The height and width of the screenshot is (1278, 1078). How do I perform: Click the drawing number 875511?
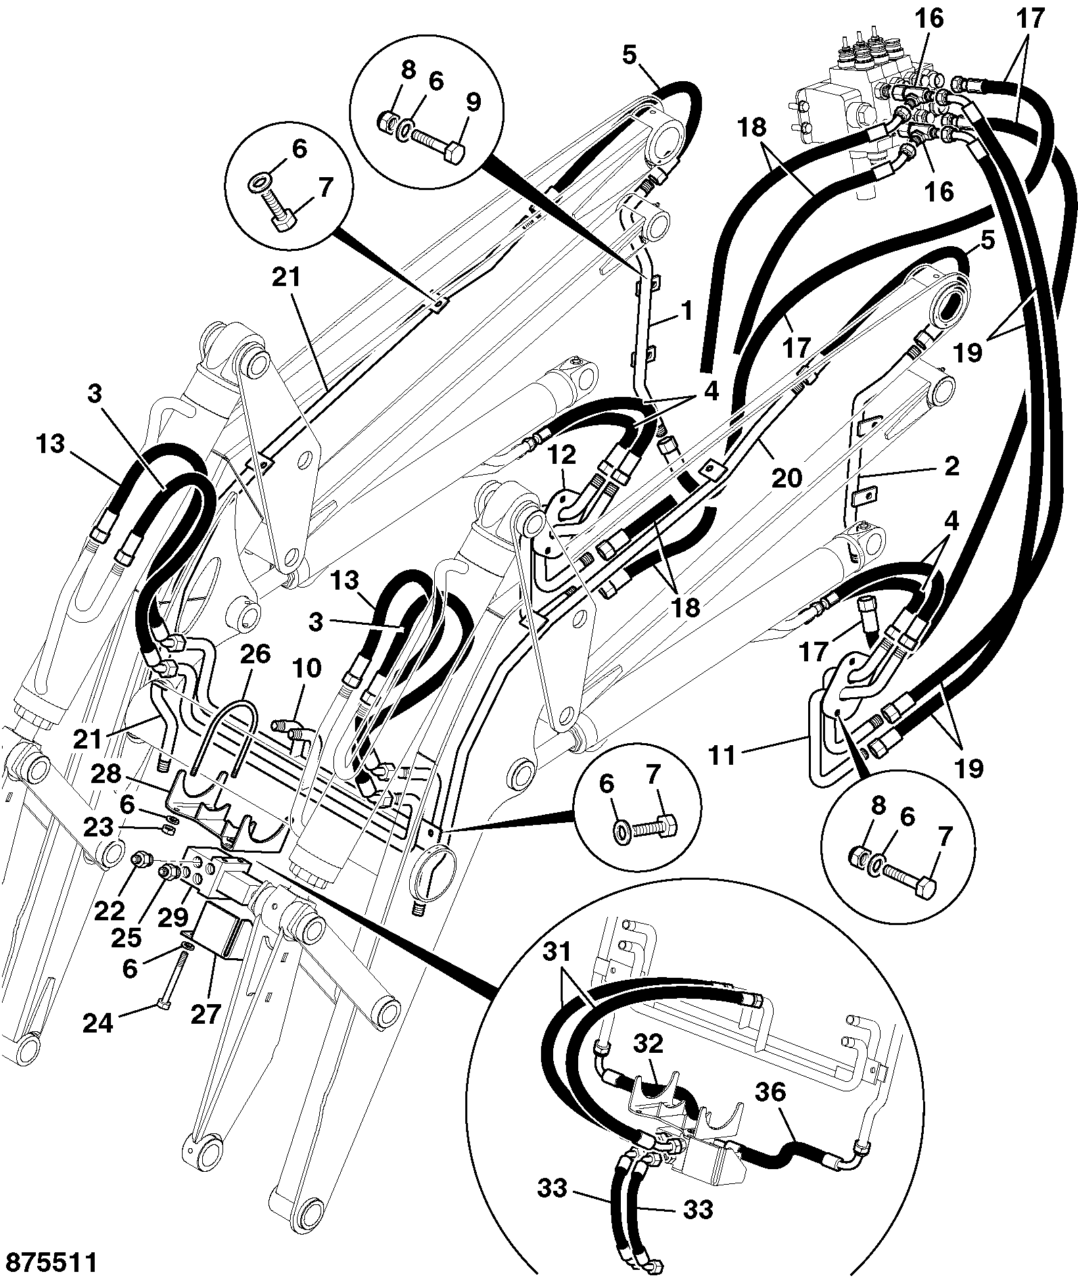pos(50,1262)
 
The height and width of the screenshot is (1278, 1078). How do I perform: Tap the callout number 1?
pos(687,312)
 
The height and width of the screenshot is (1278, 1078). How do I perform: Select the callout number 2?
pos(950,466)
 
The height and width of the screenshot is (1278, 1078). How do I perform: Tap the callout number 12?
pos(561,455)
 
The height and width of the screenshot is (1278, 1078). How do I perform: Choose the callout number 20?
pos(787,478)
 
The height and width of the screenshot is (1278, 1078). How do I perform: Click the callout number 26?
pos(254,654)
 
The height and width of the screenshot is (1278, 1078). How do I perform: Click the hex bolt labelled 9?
pos(437,145)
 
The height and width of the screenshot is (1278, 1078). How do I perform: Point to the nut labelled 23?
pos(171,830)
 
